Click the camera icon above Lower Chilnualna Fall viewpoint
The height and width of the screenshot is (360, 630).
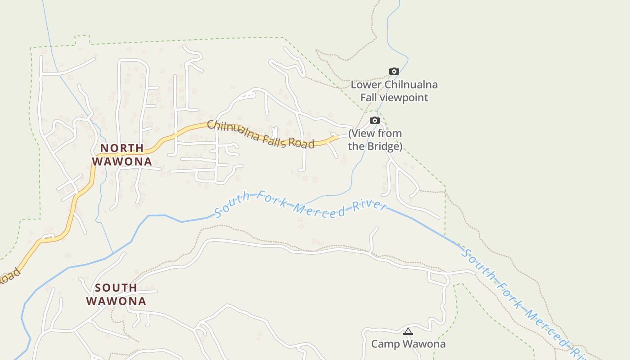click(x=394, y=71)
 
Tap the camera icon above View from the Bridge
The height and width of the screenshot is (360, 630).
click(x=374, y=120)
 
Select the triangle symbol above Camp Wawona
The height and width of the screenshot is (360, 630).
click(x=408, y=332)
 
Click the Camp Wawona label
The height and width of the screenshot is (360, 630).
click(x=408, y=344)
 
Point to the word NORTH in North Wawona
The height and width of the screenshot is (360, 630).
click(x=122, y=148)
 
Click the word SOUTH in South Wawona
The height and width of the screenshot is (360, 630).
click(x=116, y=288)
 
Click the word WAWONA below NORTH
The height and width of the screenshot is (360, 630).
click(x=122, y=161)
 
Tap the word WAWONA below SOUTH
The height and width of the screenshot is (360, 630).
click(x=116, y=301)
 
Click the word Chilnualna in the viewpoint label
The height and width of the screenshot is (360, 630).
click(x=411, y=85)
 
